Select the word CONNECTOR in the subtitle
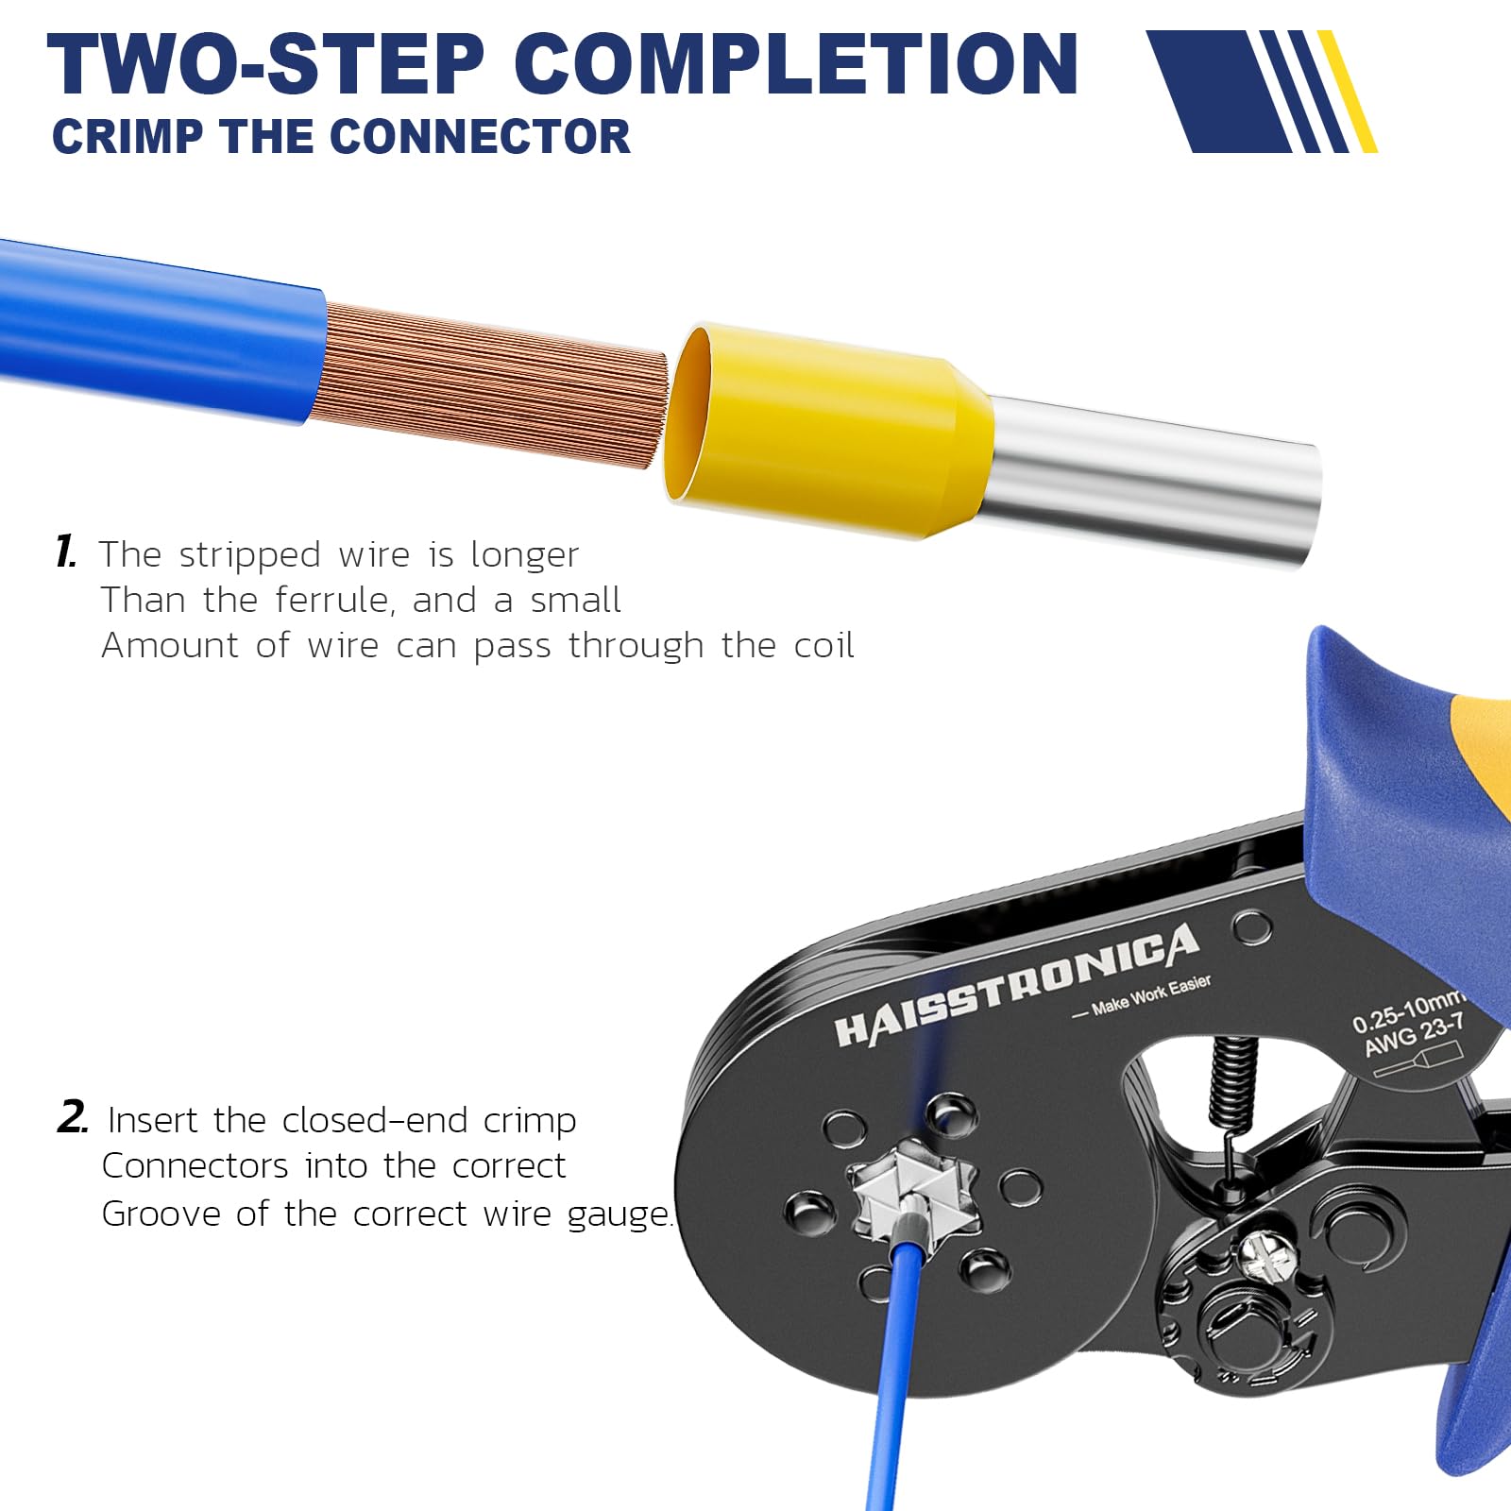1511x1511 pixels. click(479, 137)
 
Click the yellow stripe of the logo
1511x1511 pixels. click(1348, 92)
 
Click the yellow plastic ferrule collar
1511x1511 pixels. click(822, 430)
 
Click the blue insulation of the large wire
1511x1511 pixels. click(161, 326)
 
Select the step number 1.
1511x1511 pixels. click(66, 552)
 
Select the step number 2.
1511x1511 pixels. click(72, 1118)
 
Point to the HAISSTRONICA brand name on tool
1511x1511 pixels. click(1015, 986)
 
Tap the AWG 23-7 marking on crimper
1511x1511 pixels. click(1414, 1035)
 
